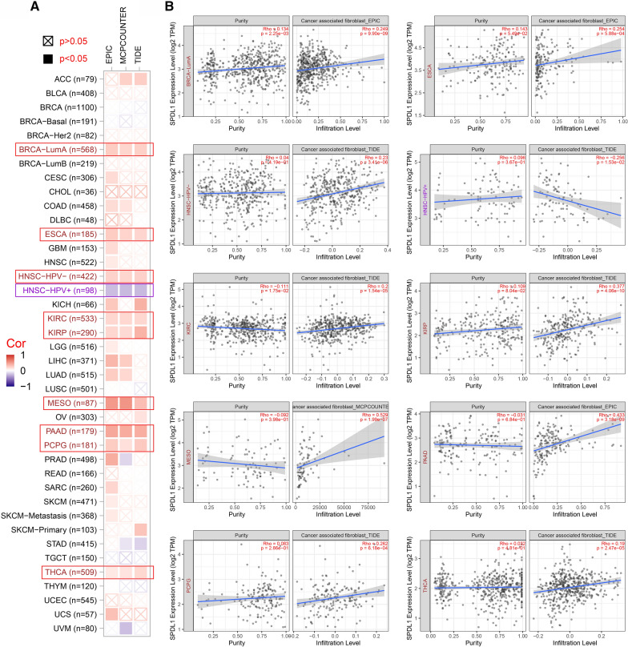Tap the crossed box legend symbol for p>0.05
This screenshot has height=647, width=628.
coord(49,38)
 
